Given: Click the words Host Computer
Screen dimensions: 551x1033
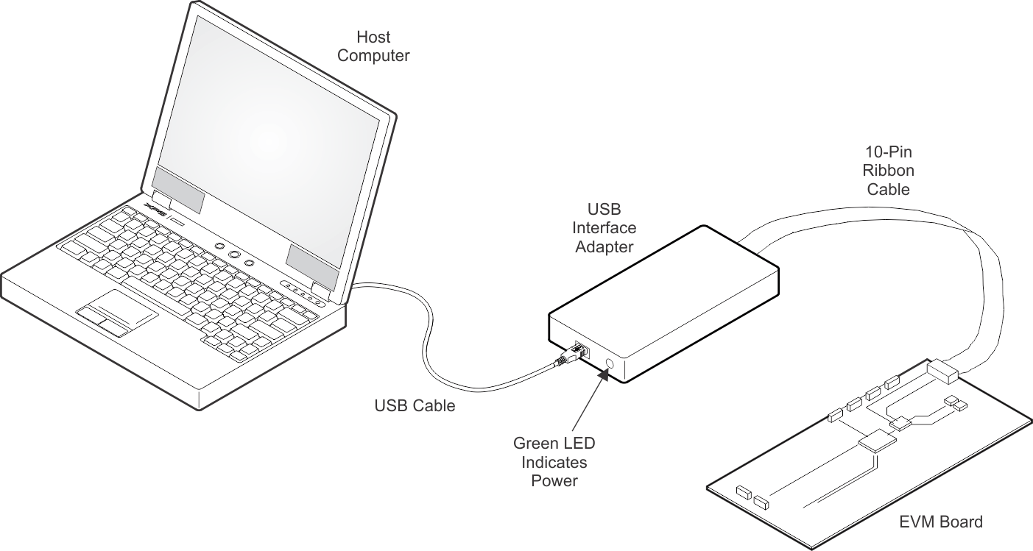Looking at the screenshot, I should pyautogui.click(x=373, y=46).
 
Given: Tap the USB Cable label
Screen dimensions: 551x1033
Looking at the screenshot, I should pyautogui.click(x=415, y=405).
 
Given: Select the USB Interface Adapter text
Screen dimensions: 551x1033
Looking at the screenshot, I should pyautogui.click(x=604, y=228).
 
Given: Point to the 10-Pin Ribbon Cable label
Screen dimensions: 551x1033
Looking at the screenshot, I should pyautogui.click(x=889, y=171).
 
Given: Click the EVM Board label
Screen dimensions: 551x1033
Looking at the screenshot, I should pyautogui.click(x=941, y=522).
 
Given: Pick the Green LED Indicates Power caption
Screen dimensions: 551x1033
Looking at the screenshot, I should pyautogui.click(x=554, y=462).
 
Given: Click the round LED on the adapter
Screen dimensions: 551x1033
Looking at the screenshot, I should pyautogui.click(x=610, y=363).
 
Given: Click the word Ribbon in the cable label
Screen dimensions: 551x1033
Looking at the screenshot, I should pyautogui.click(x=889, y=171).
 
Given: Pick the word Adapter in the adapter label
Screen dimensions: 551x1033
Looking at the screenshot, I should pyautogui.click(x=604, y=247).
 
